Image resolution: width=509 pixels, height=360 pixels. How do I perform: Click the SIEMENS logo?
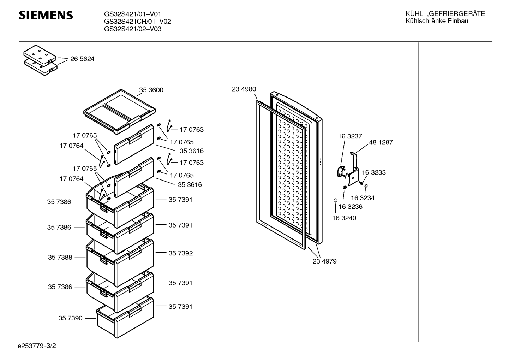pyautogui.click(x=46, y=15)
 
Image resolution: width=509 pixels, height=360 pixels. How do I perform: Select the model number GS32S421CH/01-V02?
pyautogui.click(x=137, y=22)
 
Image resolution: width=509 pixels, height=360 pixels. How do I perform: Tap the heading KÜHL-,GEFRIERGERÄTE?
pyautogui.click(x=445, y=14)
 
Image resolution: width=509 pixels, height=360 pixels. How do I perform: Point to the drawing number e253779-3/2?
pyautogui.click(x=37, y=346)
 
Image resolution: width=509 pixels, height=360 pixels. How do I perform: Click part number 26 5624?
pyautogui.click(x=82, y=59)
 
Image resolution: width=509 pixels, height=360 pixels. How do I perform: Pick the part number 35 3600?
pyautogui.click(x=151, y=90)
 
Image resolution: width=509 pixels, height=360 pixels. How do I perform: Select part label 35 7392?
pyautogui.click(x=180, y=253)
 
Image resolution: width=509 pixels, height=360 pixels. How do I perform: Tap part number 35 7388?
pyautogui.click(x=60, y=257)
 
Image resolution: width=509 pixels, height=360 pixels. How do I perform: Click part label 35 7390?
pyautogui.click(x=71, y=318)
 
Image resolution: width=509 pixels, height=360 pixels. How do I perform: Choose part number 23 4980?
pyautogui.click(x=244, y=89)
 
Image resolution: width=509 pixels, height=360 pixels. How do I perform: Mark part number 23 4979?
pyautogui.click(x=324, y=261)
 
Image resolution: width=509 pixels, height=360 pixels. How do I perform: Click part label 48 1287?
pyautogui.click(x=381, y=142)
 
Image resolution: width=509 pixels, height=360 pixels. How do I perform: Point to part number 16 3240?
pyautogui.click(x=344, y=218)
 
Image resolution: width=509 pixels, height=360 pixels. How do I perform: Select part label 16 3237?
pyautogui.click(x=350, y=136)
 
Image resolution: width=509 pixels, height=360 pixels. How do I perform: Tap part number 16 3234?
pyautogui.click(x=363, y=198)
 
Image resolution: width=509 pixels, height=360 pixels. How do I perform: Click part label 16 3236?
pyautogui.click(x=351, y=206)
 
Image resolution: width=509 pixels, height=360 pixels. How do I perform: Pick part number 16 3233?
pyautogui.click(x=374, y=172)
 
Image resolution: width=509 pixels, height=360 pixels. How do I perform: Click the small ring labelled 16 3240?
pyautogui.click(x=335, y=200)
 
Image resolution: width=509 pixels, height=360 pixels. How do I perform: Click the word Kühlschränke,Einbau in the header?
pyautogui.click(x=437, y=21)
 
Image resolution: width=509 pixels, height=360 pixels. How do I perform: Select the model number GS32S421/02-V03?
pyautogui.click(x=133, y=29)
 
